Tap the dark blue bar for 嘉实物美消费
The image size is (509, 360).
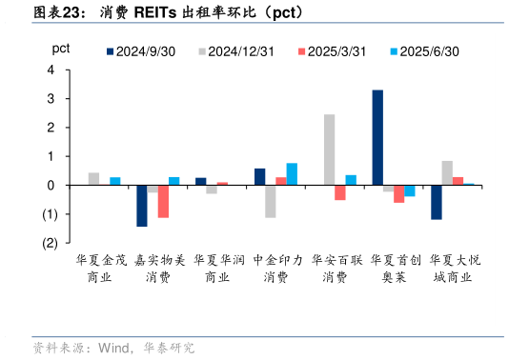142,205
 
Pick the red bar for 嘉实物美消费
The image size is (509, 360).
163,201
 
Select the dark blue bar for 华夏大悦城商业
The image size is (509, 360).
437,202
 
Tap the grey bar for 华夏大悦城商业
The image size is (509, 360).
447,172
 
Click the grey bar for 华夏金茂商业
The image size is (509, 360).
93,178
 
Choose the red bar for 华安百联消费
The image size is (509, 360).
340,192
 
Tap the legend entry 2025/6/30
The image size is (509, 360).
427,52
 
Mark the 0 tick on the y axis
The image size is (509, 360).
51,185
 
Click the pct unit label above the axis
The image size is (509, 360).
60,48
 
